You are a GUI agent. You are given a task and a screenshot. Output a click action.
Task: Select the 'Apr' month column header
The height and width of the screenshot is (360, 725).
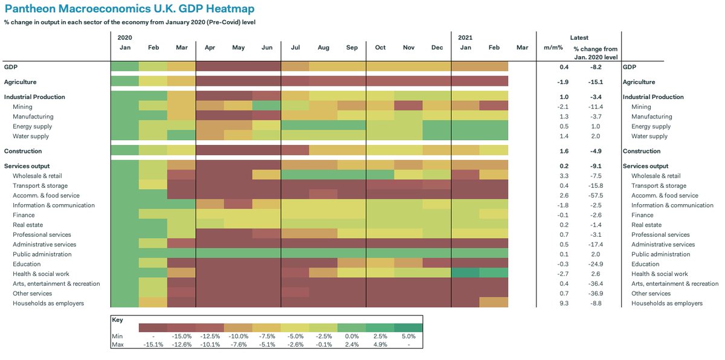pyautogui.click(x=210, y=47)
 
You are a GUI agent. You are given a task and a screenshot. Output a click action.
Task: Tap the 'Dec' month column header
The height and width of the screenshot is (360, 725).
pyautogui.click(x=437, y=47)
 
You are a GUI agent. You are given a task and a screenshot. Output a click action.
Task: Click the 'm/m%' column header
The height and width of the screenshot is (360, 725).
pyautogui.click(x=553, y=47)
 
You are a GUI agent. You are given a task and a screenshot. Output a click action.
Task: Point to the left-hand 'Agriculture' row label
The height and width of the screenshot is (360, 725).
pyautogui.click(x=21, y=82)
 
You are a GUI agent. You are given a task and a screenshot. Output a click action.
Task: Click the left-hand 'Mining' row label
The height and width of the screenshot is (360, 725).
pyautogui.click(x=23, y=107)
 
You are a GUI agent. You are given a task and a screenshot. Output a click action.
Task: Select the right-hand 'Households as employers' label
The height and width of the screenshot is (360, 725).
pyautogui.click(x=667, y=303)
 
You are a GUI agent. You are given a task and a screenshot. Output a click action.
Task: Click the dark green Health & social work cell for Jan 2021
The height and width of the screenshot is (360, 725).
pyautogui.click(x=465, y=274)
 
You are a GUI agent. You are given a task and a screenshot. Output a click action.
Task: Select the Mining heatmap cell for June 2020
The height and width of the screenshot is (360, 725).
pyautogui.click(x=266, y=107)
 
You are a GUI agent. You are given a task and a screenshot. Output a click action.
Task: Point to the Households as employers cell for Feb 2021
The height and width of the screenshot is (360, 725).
pyautogui.click(x=494, y=303)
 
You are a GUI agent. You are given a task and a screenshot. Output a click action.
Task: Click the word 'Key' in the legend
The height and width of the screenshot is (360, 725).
pyautogui.click(x=117, y=319)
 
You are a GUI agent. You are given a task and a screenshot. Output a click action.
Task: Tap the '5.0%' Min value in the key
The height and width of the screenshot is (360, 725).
pyautogui.click(x=408, y=336)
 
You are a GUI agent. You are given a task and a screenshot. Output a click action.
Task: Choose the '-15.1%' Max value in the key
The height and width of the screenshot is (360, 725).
pyautogui.click(x=152, y=344)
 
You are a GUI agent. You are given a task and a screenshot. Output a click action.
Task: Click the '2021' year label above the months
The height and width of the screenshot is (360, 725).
pyautogui.click(x=465, y=37)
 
